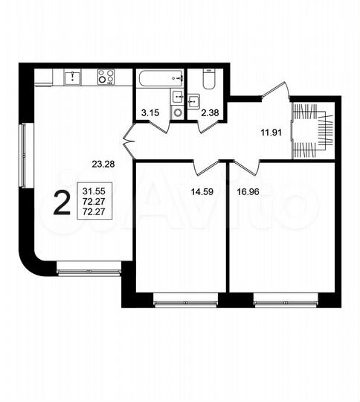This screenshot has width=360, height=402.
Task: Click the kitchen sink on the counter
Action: click(71, 76)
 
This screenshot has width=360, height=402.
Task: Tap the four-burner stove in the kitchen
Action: click(106, 77)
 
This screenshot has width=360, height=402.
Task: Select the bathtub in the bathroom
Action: click(160, 77)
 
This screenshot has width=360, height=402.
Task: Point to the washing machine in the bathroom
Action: click(178, 112)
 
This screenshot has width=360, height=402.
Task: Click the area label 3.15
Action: click(150, 112)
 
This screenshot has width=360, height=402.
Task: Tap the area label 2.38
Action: click(211, 112)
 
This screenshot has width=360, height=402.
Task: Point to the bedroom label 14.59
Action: click(202, 191)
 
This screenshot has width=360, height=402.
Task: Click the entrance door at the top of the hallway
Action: click(276, 92)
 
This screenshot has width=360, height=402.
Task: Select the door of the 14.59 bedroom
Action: click(207, 165)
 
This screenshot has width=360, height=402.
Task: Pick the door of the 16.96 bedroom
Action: click(248, 165)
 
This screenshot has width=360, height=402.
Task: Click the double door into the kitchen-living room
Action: click(129, 139)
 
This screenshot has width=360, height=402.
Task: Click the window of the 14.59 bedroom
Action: click(185, 302)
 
